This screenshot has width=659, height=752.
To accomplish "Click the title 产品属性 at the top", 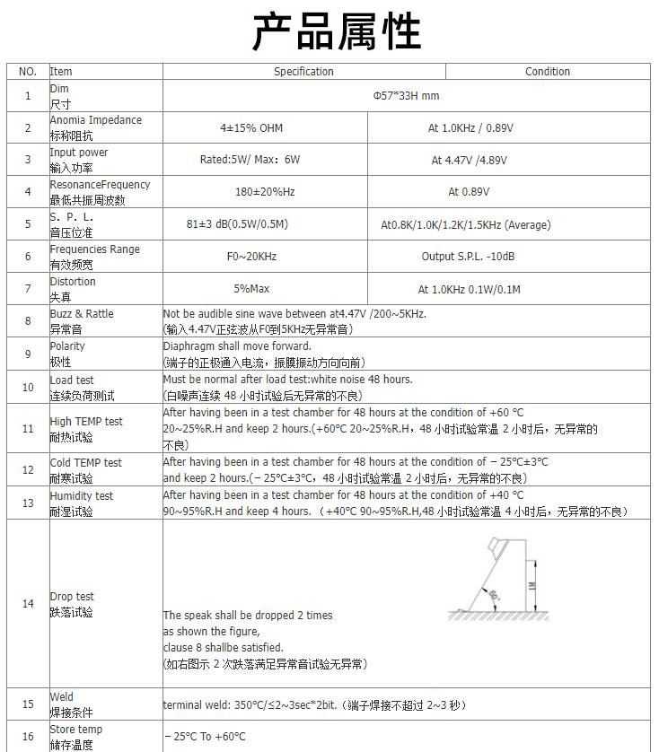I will (337, 32).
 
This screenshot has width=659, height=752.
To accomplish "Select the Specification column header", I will (303, 72).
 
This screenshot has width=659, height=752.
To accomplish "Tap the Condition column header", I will (547, 72).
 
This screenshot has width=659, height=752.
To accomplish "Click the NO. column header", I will (28, 72).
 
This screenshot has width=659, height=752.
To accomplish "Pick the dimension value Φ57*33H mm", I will (406, 96).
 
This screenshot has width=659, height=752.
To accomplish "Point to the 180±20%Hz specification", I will (265, 192).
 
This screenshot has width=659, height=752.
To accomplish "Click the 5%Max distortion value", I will (251, 289).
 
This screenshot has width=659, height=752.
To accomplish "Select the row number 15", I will (28, 704).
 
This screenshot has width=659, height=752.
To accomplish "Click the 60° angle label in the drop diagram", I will (496, 594).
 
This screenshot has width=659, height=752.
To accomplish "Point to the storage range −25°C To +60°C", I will (205, 737).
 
